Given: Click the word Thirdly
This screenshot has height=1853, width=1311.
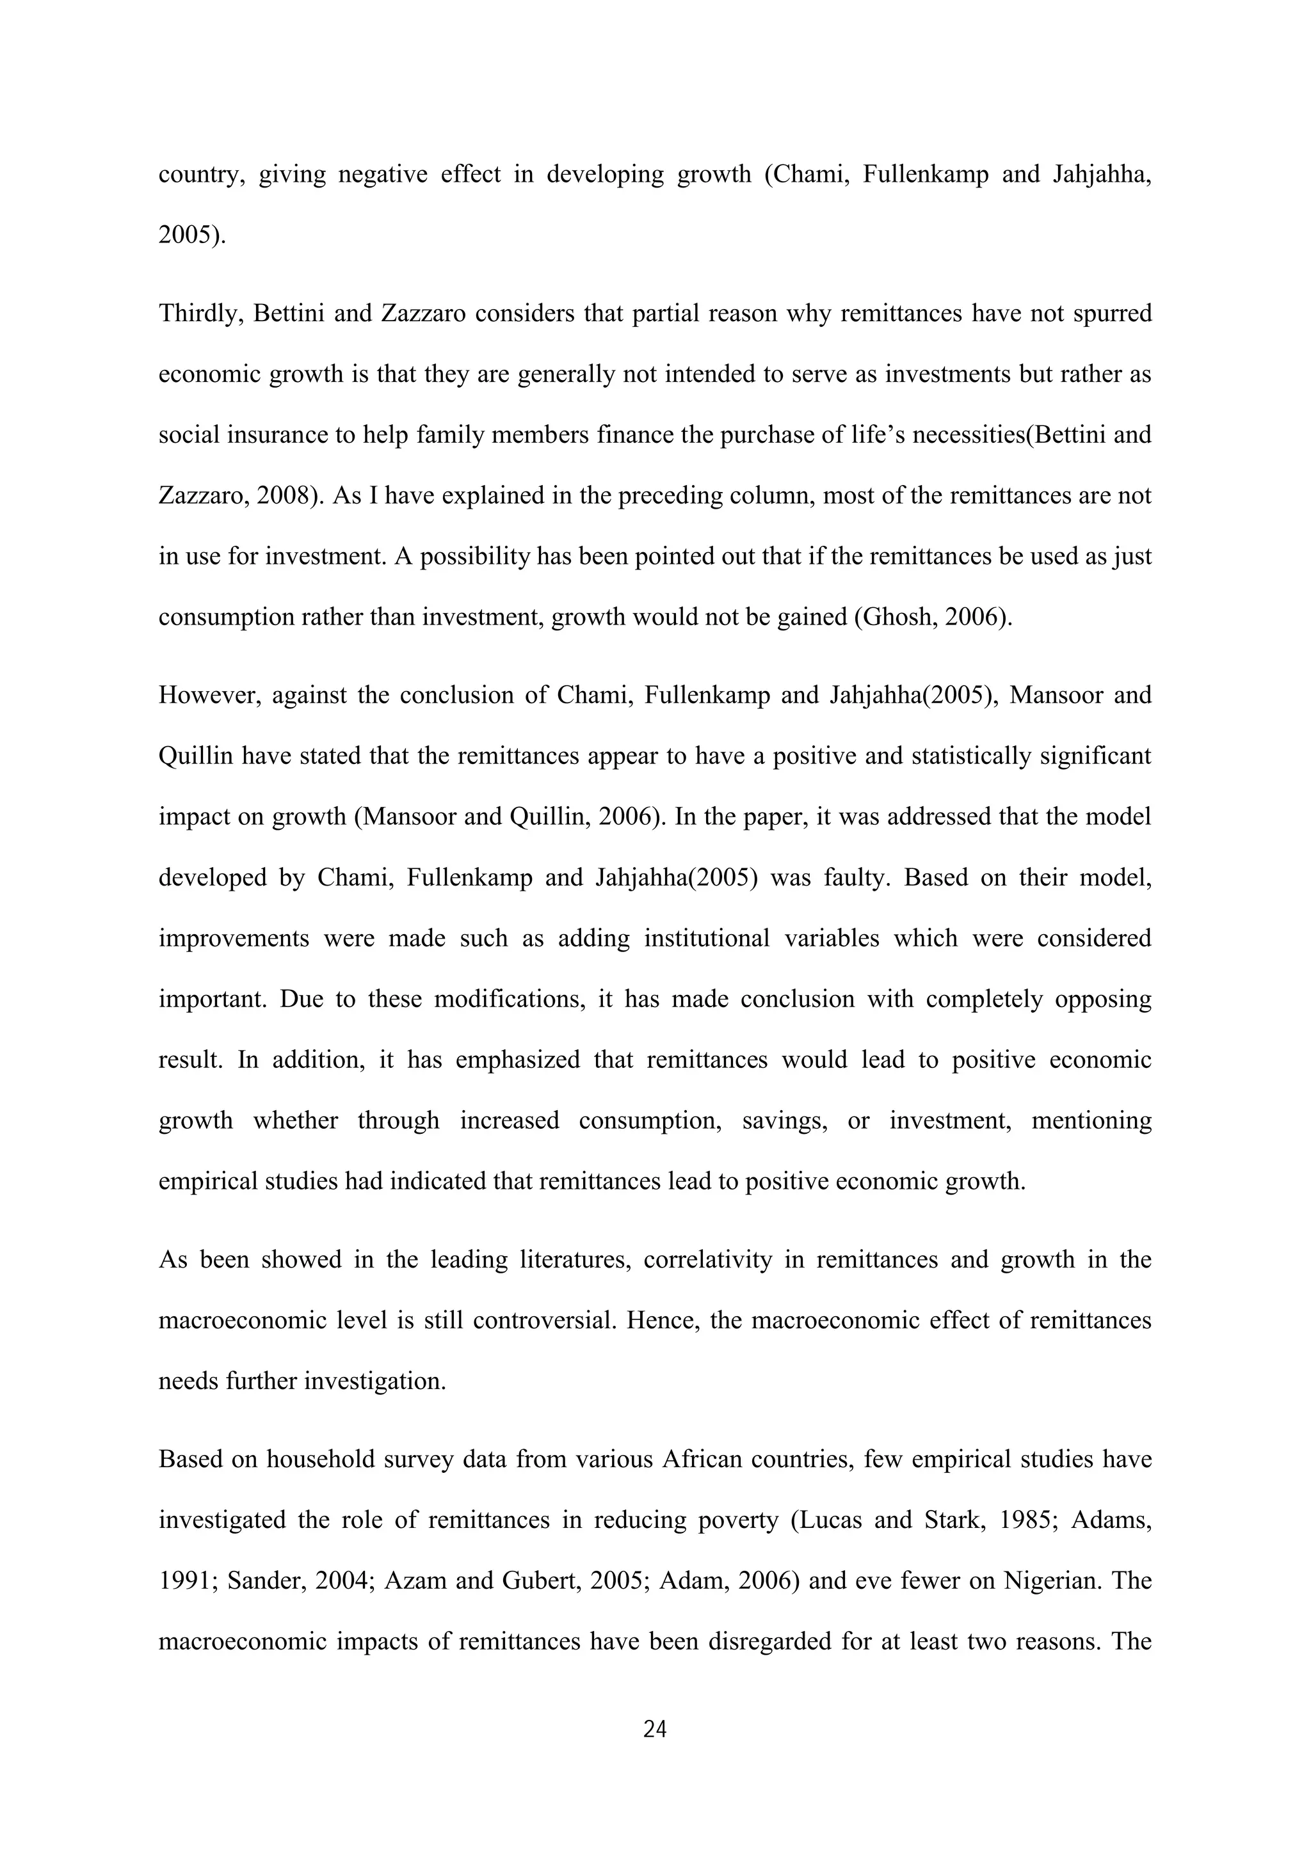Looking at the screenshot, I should coord(201,313).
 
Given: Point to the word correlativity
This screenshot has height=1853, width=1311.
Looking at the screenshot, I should coord(708,1260).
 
